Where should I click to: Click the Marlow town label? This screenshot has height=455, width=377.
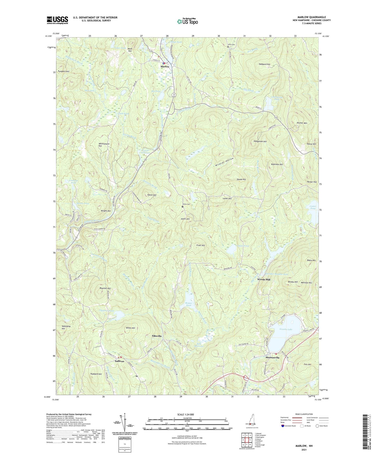(x=165, y=67)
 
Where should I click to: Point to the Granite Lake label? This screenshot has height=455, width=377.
(x=286, y=329)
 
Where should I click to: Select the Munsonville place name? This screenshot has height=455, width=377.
(x=272, y=358)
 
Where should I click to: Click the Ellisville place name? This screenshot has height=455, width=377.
(x=157, y=336)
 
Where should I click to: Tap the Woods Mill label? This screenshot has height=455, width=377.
(x=264, y=279)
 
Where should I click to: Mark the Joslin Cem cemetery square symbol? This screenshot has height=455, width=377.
(x=182, y=207)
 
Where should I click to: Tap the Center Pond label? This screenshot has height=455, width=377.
(x=313, y=207)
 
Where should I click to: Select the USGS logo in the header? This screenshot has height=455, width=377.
(x=57, y=20)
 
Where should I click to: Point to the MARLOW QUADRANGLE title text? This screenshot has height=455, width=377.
(x=312, y=17)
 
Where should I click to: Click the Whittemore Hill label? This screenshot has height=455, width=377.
(x=104, y=145)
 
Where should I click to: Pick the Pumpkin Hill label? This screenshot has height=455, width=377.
(x=64, y=71)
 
